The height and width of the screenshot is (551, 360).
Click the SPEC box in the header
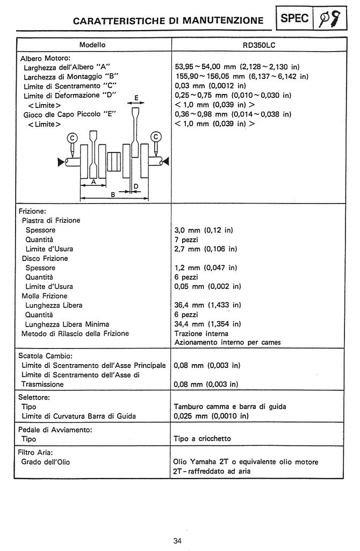pos(294,18)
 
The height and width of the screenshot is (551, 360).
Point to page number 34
pos(177,540)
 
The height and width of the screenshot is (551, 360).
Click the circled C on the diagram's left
pos(71,138)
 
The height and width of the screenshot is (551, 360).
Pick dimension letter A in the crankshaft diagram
pos(93,183)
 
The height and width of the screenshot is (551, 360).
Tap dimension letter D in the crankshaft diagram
pos(136,186)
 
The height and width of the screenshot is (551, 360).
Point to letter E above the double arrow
pos(136,98)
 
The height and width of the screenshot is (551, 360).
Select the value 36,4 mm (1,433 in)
pos(208,305)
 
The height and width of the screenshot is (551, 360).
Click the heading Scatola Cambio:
pos(45,356)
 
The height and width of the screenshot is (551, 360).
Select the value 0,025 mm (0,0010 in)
pos(212,416)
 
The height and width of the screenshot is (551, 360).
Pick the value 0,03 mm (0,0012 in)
pos(210,86)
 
